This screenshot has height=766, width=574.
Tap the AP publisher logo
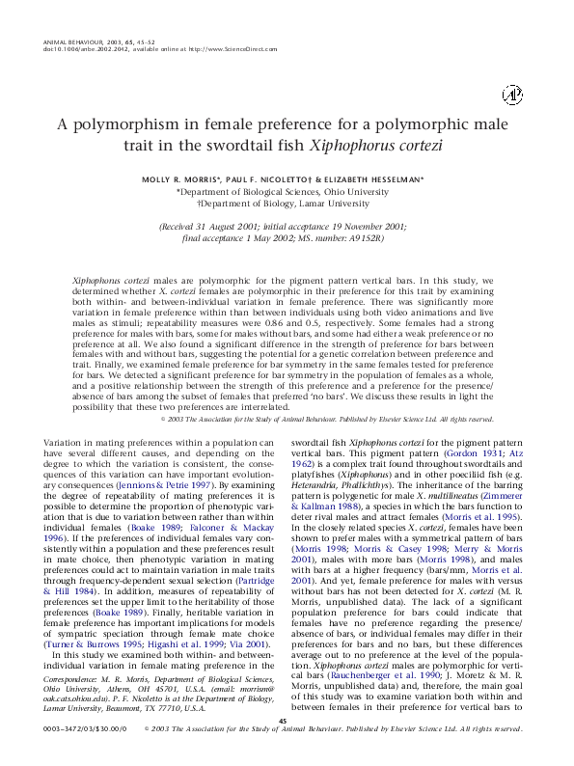tap(513, 95)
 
